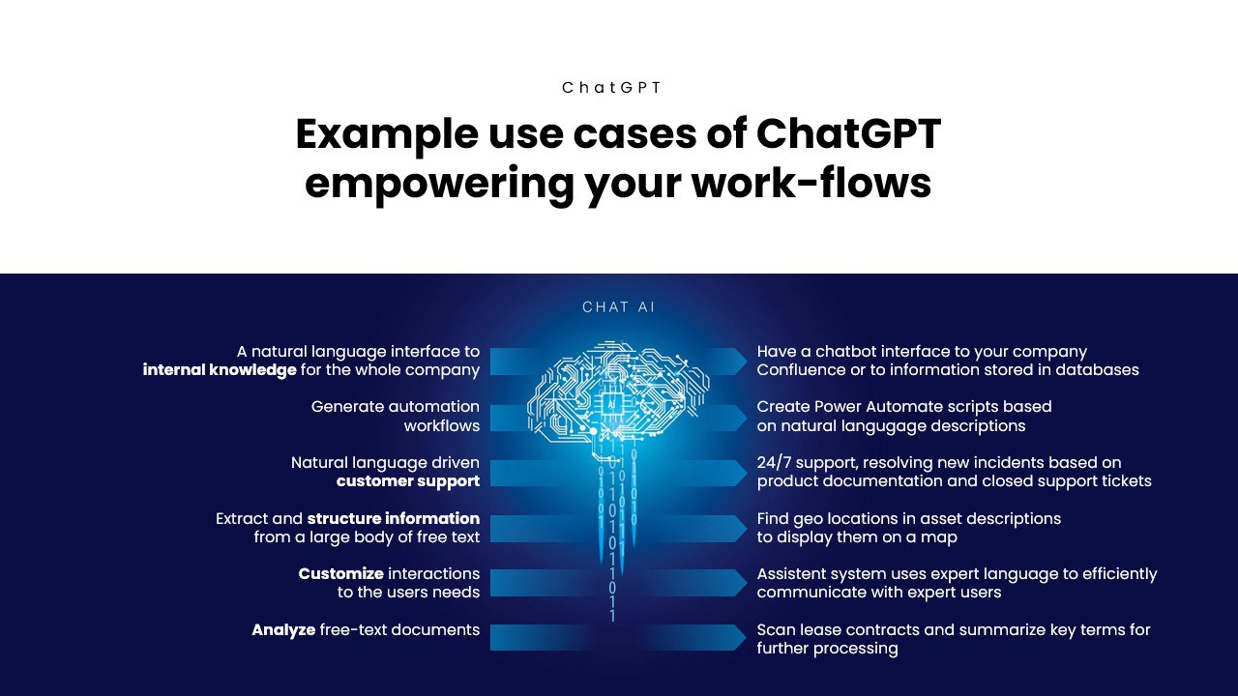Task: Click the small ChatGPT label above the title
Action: point(611,88)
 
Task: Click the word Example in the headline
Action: point(387,134)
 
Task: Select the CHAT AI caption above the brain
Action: point(618,307)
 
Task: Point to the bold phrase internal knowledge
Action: point(220,369)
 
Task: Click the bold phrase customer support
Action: point(408,481)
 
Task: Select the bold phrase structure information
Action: point(394,518)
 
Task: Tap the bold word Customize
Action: point(341,574)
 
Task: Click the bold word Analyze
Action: point(283,629)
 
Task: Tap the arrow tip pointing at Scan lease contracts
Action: point(746,637)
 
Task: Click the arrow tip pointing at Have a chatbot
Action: point(746,362)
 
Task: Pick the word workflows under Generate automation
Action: point(442,426)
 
